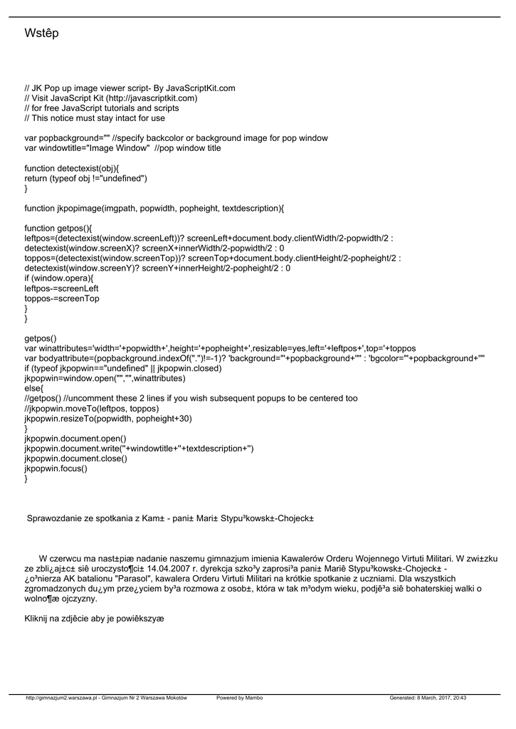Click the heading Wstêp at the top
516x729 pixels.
click(x=41, y=33)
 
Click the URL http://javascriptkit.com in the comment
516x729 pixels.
click(x=149, y=98)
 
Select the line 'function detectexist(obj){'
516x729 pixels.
click(x=72, y=168)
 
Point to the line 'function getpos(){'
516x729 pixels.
click(x=60, y=229)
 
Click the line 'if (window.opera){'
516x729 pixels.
click(x=59, y=278)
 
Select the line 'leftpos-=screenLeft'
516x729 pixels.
click(x=61, y=288)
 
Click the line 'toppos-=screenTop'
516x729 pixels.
click(x=62, y=298)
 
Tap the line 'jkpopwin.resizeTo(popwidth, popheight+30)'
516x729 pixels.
click(x=108, y=419)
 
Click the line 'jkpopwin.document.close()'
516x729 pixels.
click(x=75, y=458)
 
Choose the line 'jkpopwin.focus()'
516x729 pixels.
click(x=56, y=468)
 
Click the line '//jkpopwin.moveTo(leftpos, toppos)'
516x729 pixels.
click(x=92, y=409)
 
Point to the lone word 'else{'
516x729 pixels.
click(x=34, y=389)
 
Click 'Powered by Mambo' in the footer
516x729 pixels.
click(x=240, y=698)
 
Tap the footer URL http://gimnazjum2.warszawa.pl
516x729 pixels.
click(x=61, y=698)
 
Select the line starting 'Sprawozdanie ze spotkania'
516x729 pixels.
click(x=171, y=518)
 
